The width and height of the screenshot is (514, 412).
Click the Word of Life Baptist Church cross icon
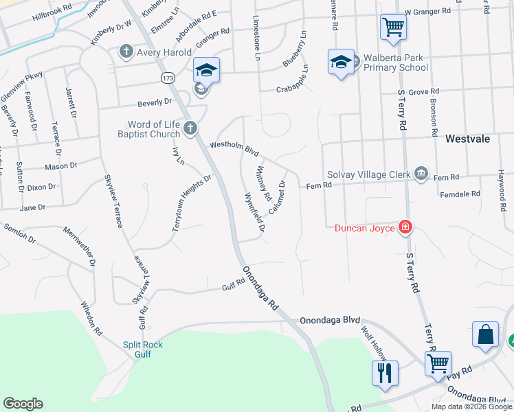click(x=190, y=128)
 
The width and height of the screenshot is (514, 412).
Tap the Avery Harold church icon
click(x=126, y=50)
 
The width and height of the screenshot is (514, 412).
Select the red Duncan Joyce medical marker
click(x=405, y=227)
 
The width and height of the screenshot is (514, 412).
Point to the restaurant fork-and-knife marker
click(x=385, y=374)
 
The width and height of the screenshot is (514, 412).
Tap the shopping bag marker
click(x=485, y=335)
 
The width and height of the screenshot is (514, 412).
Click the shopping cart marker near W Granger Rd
click(x=393, y=28)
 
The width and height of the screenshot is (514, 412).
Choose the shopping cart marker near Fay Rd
click(x=438, y=364)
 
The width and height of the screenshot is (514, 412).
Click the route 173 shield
click(x=168, y=78)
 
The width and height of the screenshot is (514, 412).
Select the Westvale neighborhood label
click(x=467, y=139)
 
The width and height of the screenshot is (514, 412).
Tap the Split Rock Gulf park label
click(x=143, y=350)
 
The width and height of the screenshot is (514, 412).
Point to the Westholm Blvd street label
click(x=234, y=146)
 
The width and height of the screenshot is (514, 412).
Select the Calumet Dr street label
click(x=277, y=196)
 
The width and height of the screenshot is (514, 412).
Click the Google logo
click(x=23, y=404)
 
